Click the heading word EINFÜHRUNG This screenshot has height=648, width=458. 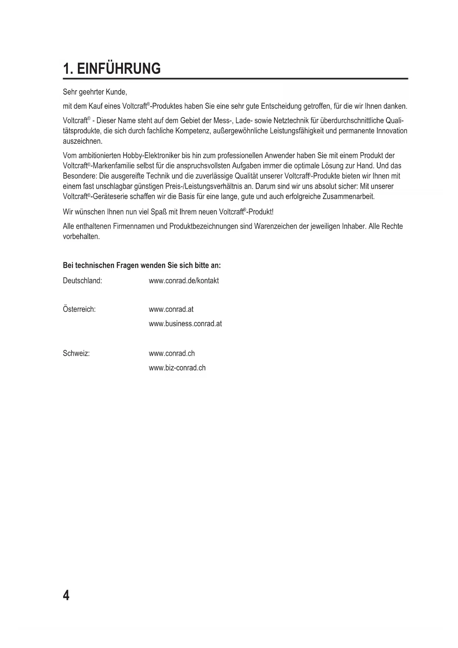point(119,69)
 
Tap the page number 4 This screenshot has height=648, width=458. point(66,596)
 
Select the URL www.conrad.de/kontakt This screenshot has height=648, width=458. point(183,281)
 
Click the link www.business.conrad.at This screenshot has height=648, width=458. point(185,324)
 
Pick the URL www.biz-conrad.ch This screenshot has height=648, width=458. point(177,368)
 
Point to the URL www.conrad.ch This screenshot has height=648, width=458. point(172,354)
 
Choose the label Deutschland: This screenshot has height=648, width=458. point(82,281)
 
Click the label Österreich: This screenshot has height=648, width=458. point(79,309)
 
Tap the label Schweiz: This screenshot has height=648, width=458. point(76,354)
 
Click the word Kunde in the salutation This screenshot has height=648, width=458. point(116,92)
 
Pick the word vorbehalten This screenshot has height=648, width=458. point(81,236)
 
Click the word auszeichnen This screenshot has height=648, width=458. point(82,141)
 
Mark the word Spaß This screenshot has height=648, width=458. point(159,212)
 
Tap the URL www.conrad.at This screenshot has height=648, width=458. point(171,309)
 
